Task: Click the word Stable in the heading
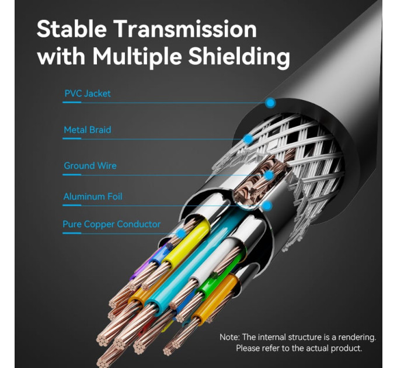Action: point(72,29)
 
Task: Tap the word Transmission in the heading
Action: point(186,29)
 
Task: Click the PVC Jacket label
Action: point(88,93)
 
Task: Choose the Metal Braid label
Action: point(88,130)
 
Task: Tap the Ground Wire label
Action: point(90,166)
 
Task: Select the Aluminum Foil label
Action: point(93,196)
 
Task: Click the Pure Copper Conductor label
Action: point(112,224)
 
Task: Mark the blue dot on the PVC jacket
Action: point(271,103)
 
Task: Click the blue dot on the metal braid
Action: point(248,139)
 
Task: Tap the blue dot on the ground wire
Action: point(269,175)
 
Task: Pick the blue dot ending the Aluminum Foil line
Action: point(267,206)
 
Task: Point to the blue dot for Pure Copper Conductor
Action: point(180,233)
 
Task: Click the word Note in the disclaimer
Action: point(229,337)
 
